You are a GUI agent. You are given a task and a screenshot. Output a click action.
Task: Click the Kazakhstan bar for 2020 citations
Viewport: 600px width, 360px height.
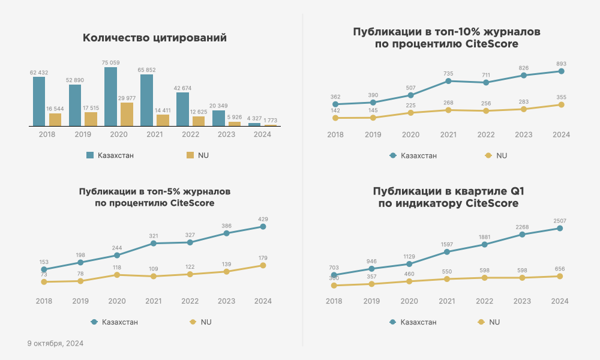click(x=110, y=97)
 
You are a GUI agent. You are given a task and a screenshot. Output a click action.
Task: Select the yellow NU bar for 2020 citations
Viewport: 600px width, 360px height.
click(x=127, y=114)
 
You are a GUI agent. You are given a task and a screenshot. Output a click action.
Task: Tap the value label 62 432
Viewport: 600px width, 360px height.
click(x=39, y=72)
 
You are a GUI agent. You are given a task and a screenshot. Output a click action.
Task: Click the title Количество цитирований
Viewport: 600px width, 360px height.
click(x=154, y=38)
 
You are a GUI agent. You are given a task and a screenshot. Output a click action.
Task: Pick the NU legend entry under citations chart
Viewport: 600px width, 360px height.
click(x=198, y=155)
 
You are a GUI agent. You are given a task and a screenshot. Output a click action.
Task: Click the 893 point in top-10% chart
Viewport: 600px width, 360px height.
click(x=561, y=71)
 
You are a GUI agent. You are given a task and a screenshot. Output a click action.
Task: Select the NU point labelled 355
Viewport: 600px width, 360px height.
click(x=561, y=104)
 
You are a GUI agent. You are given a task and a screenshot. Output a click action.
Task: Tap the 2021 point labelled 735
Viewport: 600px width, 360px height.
click(x=448, y=81)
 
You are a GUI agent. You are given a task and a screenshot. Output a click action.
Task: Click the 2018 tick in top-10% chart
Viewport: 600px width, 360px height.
click(x=335, y=135)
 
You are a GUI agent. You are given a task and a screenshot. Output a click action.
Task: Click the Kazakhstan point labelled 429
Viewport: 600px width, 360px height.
click(x=263, y=226)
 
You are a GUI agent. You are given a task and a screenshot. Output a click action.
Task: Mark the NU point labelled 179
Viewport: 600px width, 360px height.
click(x=263, y=265)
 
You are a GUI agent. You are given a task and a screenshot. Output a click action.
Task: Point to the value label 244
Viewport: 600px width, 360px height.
click(x=116, y=248)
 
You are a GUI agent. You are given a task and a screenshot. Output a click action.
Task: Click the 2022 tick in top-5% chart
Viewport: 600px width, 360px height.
click(x=190, y=301)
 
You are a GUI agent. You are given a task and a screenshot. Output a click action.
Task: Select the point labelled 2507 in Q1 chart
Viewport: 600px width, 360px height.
click(x=560, y=228)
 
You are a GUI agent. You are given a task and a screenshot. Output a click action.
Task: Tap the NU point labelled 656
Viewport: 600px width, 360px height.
click(x=560, y=276)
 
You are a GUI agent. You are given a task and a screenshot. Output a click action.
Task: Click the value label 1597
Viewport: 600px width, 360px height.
click(x=448, y=244)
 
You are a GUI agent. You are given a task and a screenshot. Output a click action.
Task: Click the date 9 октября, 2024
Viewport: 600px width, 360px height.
click(x=55, y=344)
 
